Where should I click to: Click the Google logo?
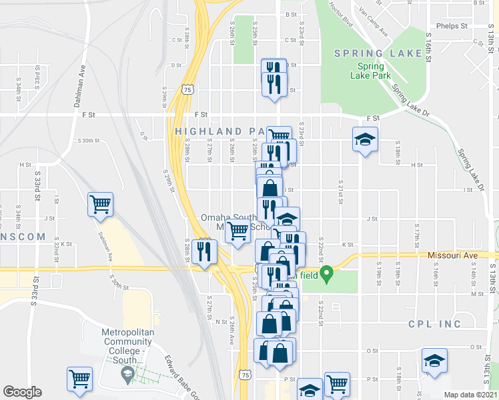[x=22, y=392]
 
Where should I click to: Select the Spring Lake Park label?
[x=370, y=71]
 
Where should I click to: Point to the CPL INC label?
[x=434, y=324]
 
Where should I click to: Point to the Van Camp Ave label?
[x=373, y=21]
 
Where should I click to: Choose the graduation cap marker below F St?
[x=365, y=139]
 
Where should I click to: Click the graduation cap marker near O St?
[x=434, y=361]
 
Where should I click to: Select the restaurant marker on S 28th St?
[x=204, y=251]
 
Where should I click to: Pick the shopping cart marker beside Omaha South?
[x=237, y=232]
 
